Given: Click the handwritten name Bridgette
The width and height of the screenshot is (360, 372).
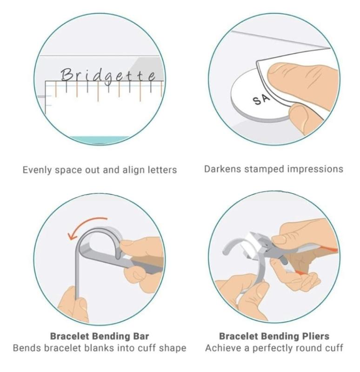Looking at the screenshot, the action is pyautogui.click(x=108, y=76).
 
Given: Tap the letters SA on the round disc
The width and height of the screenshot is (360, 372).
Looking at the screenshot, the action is pyautogui.click(x=261, y=100).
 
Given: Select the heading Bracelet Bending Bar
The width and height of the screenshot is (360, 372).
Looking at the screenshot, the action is pyautogui.click(x=100, y=336).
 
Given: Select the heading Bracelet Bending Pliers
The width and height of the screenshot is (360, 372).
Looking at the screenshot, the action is pyautogui.click(x=274, y=336).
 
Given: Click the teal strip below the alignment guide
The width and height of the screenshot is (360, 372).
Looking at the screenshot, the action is pyautogui.click(x=100, y=140).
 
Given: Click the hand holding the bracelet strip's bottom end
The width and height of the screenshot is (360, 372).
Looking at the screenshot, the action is pyautogui.click(x=73, y=306).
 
